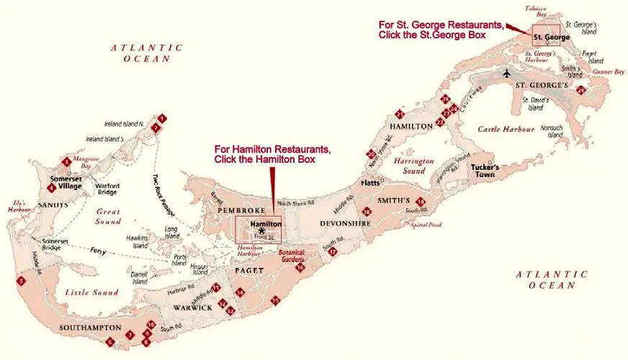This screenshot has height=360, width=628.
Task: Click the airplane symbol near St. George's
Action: tap(508, 73)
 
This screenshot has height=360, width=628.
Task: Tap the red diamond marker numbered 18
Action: tap(367, 212)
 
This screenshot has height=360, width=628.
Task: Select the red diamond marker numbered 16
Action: tap(300, 268)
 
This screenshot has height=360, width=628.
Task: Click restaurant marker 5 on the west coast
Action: tap(22, 281)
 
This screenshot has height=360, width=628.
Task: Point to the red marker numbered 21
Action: tap(400, 114)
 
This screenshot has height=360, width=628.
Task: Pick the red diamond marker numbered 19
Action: tap(421, 202)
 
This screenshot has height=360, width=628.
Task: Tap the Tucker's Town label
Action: tap(485, 171)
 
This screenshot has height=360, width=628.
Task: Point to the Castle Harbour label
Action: tap(506, 130)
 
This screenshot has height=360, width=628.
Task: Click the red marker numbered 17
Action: tap(332, 252)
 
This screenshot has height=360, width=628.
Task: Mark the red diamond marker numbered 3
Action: tap(66, 162)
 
